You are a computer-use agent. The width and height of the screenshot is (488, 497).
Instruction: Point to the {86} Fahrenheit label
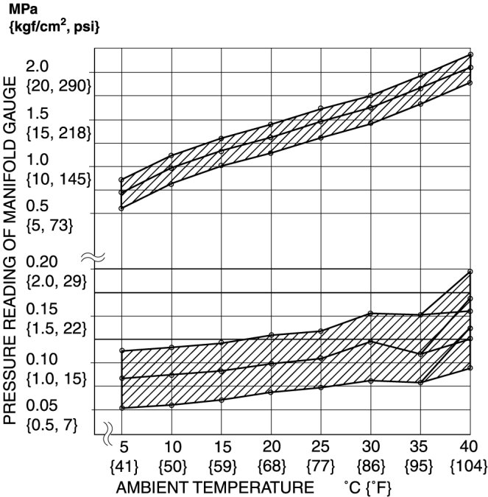click(370, 467)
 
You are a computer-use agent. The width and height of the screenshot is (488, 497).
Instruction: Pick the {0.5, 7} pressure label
click(51, 426)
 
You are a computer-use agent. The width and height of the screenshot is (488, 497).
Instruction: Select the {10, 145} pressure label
click(58, 179)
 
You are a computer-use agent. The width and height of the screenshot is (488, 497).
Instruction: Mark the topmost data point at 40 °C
click(470, 54)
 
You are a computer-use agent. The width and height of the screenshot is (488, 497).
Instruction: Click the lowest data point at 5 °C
click(121, 408)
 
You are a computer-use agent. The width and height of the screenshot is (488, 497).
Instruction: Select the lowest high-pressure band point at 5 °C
click(121, 208)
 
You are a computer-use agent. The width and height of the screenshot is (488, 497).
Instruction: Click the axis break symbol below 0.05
click(107, 429)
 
